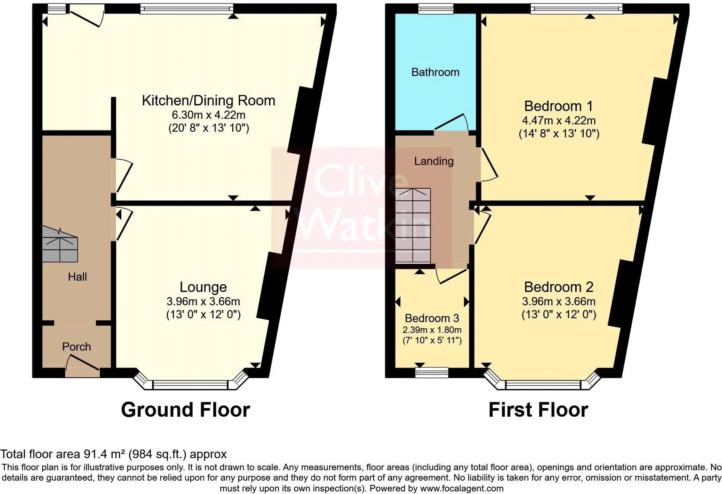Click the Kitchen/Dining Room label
pos(209,101)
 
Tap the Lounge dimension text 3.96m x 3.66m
pos(203,301)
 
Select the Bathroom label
pos(435,72)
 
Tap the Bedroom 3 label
pos(432,318)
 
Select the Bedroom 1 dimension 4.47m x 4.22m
pos(559,120)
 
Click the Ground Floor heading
pos(185,409)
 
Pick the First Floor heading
pos(538,409)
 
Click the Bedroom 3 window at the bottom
pos(432,372)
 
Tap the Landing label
pos(434,161)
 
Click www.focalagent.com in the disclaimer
pos(462,488)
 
